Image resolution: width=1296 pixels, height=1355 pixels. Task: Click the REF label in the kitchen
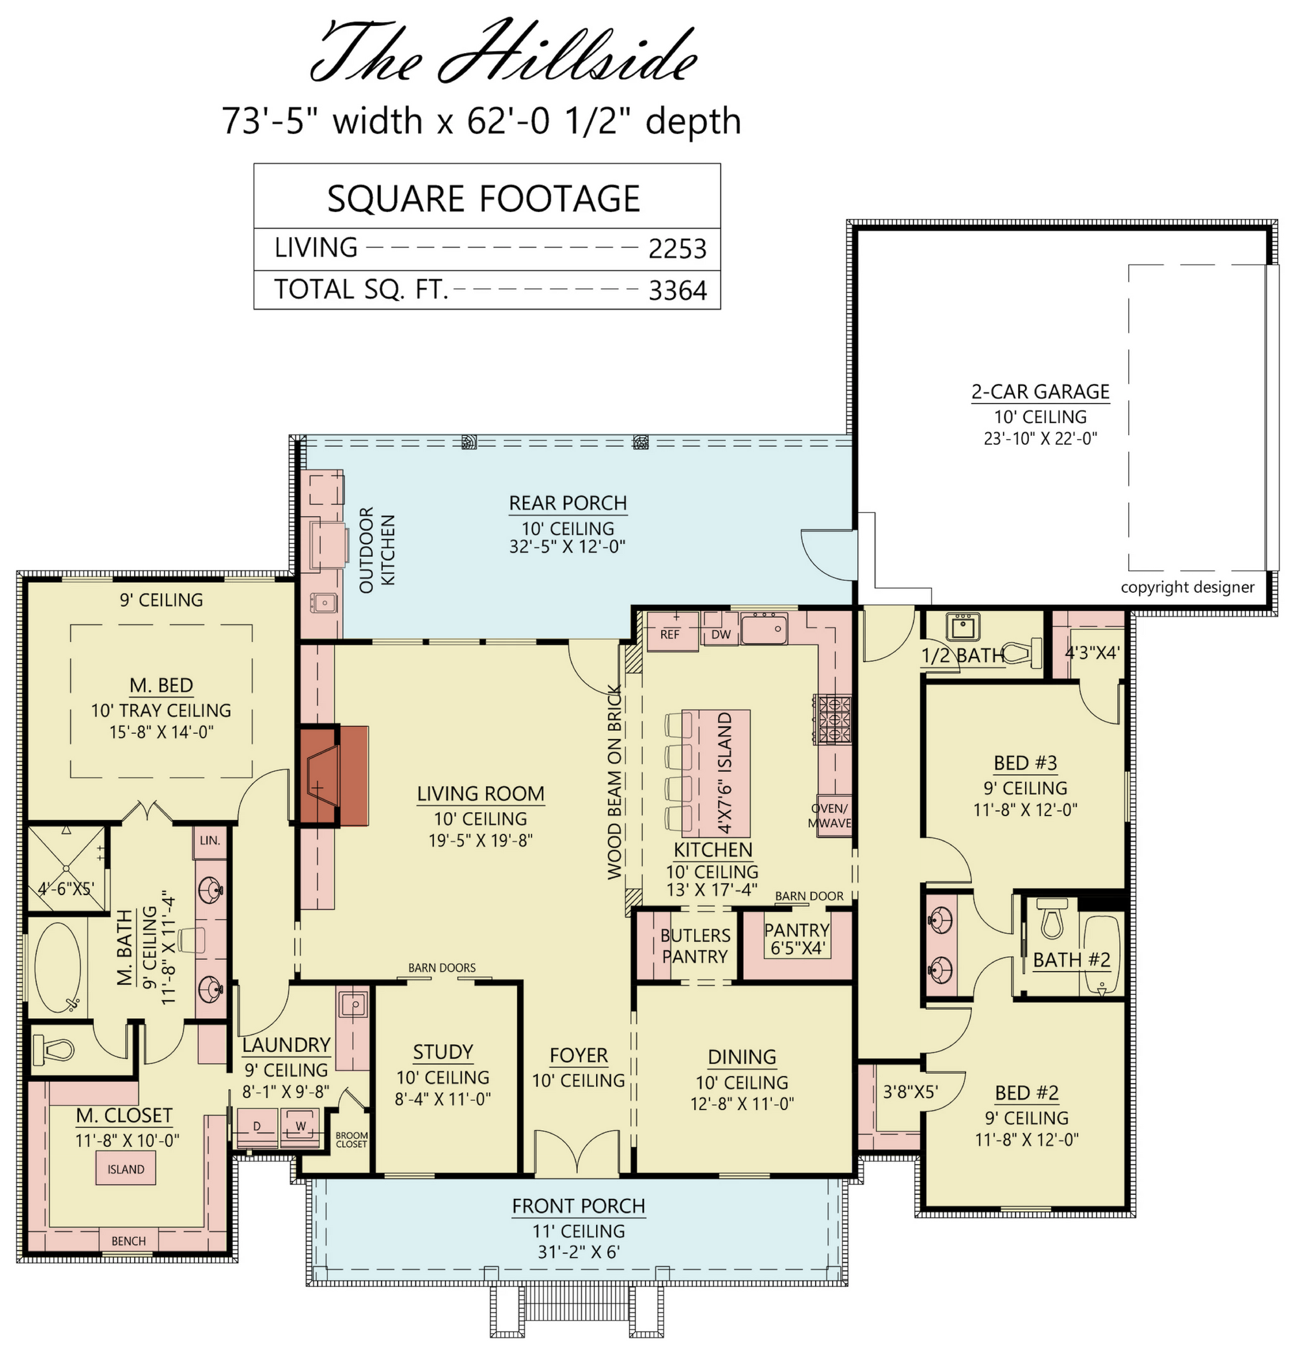click(x=669, y=634)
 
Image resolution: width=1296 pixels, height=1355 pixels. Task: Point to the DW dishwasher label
click(x=721, y=635)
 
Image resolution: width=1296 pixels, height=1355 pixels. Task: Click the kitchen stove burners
click(x=834, y=718)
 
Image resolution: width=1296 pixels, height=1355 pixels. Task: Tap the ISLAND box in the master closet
click(x=126, y=1169)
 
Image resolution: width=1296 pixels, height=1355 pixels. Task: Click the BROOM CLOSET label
click(x=352, y=1139)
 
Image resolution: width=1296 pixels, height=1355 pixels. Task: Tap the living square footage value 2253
click(x=677, y=249)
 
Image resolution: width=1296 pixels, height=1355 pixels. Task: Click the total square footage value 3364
click(x=677, y=291)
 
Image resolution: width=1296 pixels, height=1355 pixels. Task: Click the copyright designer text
click(x=1188, y=587)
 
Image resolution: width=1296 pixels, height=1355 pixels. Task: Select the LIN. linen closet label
click(x=210, y=841)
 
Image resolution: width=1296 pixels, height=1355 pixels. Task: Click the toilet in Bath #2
click(x=1052, y=918)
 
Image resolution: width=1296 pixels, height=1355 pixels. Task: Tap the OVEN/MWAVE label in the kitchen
click(x=829, y=815)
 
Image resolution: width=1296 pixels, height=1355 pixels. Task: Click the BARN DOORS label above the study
click(x=442, y=968)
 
